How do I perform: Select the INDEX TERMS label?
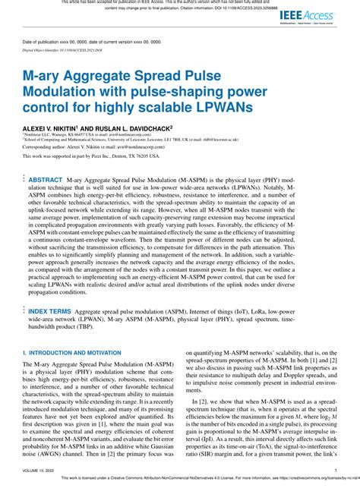click(x=50, y=312)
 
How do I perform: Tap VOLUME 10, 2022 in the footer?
click(x=40, y=471)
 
